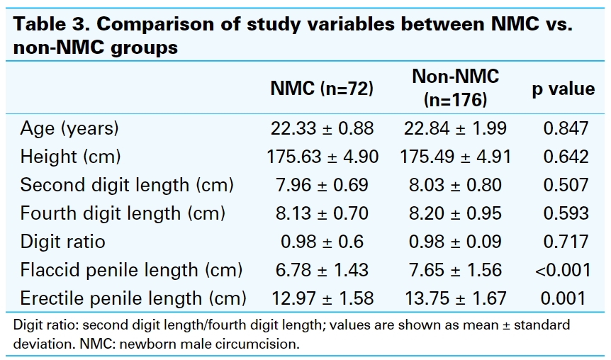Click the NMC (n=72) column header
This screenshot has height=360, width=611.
(322, 89)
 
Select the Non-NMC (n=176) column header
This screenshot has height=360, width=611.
(455, 88)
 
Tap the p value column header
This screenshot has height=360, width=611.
(563, 89)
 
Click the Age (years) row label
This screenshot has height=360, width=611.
(69, 128)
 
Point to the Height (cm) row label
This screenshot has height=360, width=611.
(70, 157)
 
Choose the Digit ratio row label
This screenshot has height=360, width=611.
(62, 242)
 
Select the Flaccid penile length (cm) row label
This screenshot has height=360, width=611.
(131, 270)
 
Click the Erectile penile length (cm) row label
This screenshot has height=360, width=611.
(133, 298)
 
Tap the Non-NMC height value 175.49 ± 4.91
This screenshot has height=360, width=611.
(455, 157)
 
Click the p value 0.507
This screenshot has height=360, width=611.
(565, 185)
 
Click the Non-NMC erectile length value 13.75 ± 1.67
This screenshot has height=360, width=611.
(455, 298)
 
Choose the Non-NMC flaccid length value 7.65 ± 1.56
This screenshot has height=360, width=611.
(455, 270)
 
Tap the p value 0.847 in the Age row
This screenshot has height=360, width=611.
(565, 128)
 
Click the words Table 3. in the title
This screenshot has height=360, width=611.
(50, 25)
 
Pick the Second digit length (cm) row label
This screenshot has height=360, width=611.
(127, 185)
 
